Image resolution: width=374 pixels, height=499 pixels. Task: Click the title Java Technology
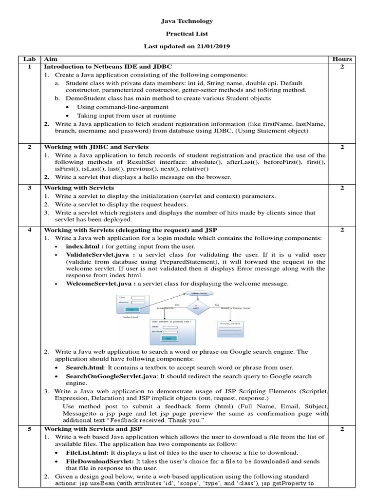(x=187, y=21)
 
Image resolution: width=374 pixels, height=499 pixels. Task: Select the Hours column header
(x=342, y=59)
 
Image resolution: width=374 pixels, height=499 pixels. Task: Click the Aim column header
(x=50, y=59)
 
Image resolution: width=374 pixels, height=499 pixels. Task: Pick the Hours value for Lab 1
(x=342, y=66)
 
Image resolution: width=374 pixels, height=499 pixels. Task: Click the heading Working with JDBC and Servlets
(x=96, y=147)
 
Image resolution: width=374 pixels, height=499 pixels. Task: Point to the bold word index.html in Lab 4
(x=85, y=247)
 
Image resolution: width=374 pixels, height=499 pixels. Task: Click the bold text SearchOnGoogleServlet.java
(x=112, y=377)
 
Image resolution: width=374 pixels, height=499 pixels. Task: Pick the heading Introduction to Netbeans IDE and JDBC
(x=108, y=66)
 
